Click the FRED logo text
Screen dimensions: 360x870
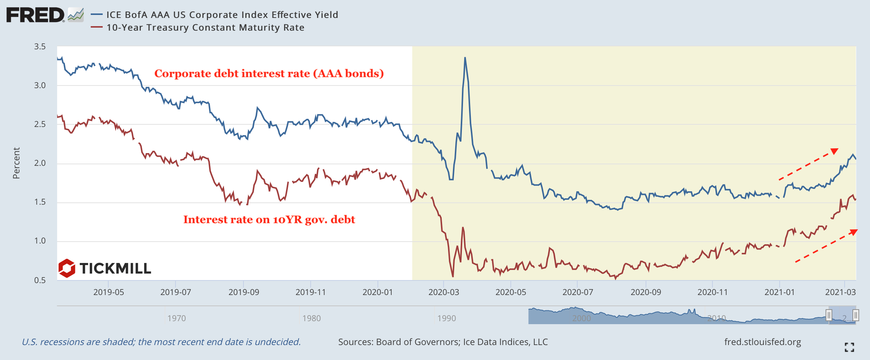tap(35, 15)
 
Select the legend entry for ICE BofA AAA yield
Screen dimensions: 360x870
tap(222, 15)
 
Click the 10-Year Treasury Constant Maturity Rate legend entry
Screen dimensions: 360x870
tap(205, 28)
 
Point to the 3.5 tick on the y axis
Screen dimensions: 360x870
tap(40, 47)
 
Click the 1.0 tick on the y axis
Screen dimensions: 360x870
tap(40, 241)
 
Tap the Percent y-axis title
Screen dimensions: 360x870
tap(16, 163)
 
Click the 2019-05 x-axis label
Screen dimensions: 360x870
tap(108, 292)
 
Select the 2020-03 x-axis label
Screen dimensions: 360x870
tap(444, 292)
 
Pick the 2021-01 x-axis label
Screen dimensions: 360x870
tap(779, 292)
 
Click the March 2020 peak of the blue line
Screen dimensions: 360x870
tap(465, 58)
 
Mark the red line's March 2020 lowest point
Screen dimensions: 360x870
tap(453, 276)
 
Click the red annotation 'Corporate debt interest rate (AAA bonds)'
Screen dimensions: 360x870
tap(269, 74)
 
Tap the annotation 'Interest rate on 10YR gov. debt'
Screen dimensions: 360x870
tap(269, 220)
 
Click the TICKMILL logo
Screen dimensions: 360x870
tap(105, 268)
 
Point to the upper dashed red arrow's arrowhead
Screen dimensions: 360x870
tap(835, 151)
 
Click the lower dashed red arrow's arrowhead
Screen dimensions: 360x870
tap(854, 232)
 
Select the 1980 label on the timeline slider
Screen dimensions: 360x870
tap(311, 318)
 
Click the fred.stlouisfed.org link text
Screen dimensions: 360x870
tap(762, 342)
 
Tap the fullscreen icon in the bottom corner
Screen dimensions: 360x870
tap(849, 347)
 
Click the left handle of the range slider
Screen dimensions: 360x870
tap(829, 315)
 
